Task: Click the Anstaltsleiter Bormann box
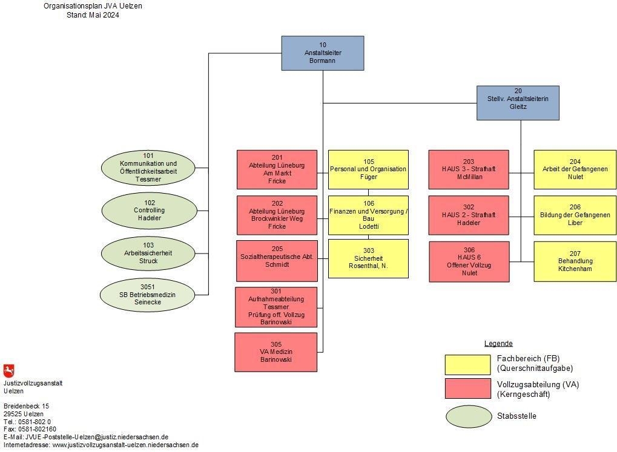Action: [322, 53]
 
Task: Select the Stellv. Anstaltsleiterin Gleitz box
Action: [518, 103]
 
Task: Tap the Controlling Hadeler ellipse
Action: [149, 211]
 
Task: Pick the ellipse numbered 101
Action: [148, 167]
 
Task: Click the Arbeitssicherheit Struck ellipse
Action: [149, 254]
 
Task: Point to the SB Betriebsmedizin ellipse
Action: [148, 295]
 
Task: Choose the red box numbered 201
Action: [277, 169]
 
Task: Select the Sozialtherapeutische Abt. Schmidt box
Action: [277, 261]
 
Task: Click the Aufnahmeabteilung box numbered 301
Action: [276, 307]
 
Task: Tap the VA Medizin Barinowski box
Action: [276, 352]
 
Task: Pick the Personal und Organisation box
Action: [368, 169]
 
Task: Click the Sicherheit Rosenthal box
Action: [368, 258]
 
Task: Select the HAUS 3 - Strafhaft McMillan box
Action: [469, 169]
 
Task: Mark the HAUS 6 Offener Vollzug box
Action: [469, 261]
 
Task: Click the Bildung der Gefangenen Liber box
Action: [575, 215]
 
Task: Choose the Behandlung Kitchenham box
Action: [575, 261]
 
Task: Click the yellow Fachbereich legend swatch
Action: [467, 364]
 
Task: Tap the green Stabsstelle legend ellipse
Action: [469, 416]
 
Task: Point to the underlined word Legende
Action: [498, 344]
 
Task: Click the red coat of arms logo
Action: [8, 371]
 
